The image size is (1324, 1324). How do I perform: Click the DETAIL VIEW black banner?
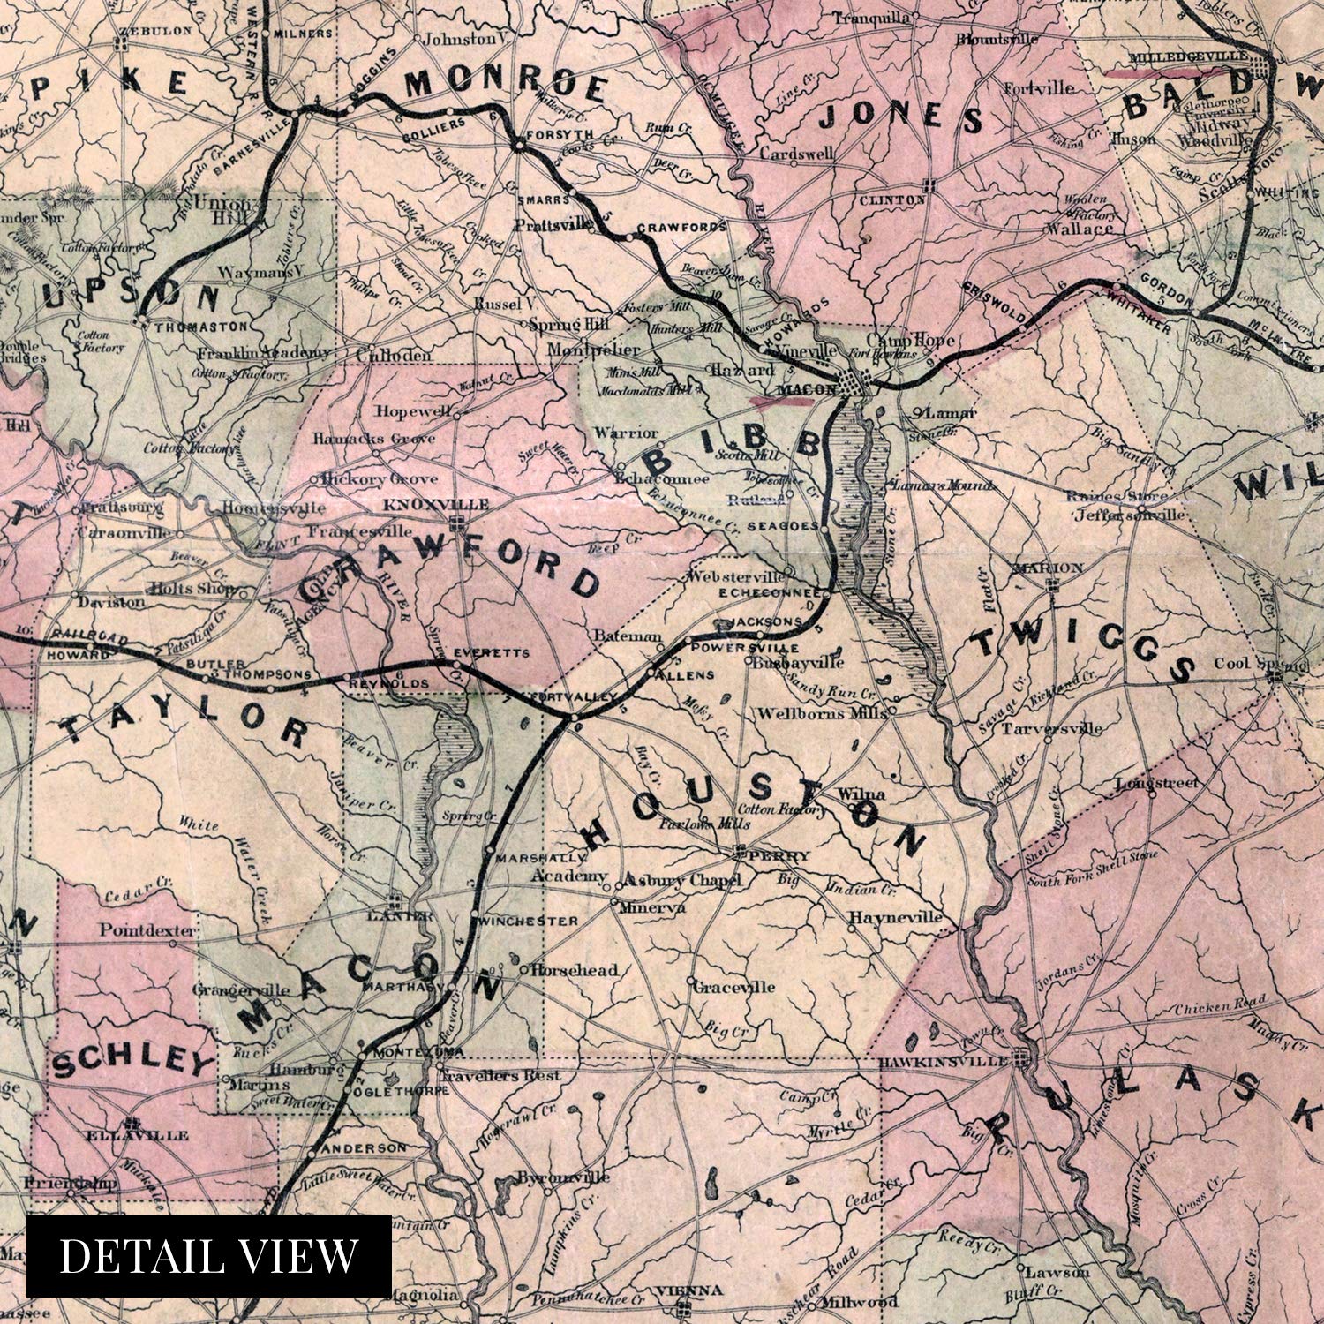coord(209,1255)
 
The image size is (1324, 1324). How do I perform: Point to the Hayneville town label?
coord(895,918)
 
